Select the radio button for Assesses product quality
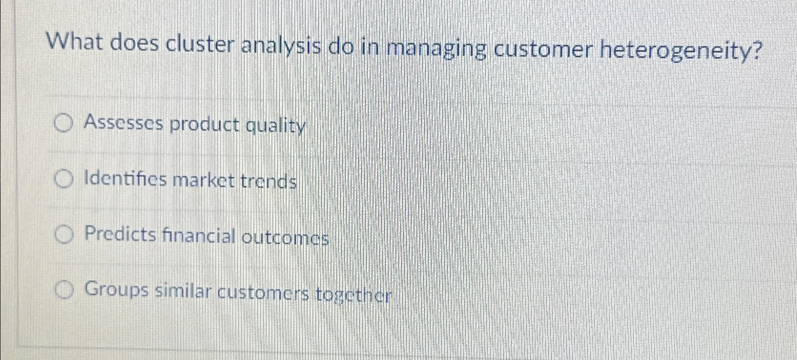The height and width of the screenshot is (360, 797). [x=63, y=124]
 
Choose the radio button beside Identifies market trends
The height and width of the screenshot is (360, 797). [x=63, y=180]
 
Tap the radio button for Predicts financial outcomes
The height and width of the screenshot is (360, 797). [x=64, y=235]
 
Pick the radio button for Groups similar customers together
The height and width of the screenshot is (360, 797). [x=64, y=289]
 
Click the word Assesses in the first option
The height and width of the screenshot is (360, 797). [x=124, y=123]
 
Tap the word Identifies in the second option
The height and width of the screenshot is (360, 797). [x=125, y=179]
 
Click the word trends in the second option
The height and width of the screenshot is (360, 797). [x=269, y=182]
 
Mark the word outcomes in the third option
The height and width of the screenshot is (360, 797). [x=285, y=237]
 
